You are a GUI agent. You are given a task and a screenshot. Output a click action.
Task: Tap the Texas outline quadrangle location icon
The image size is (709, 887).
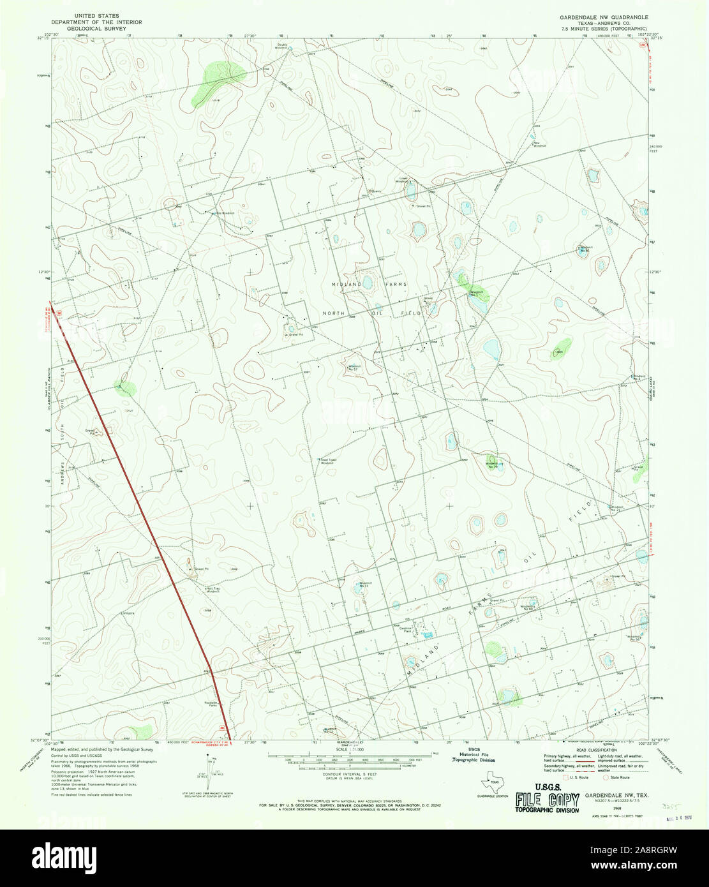491,779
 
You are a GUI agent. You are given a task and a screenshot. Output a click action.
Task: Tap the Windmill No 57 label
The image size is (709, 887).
355,368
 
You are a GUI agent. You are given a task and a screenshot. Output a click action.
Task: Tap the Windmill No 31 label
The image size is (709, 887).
365,584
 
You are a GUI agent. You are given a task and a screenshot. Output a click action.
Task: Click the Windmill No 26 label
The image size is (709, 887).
492,466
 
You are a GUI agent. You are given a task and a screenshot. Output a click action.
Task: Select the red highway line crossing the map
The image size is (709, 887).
140,491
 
